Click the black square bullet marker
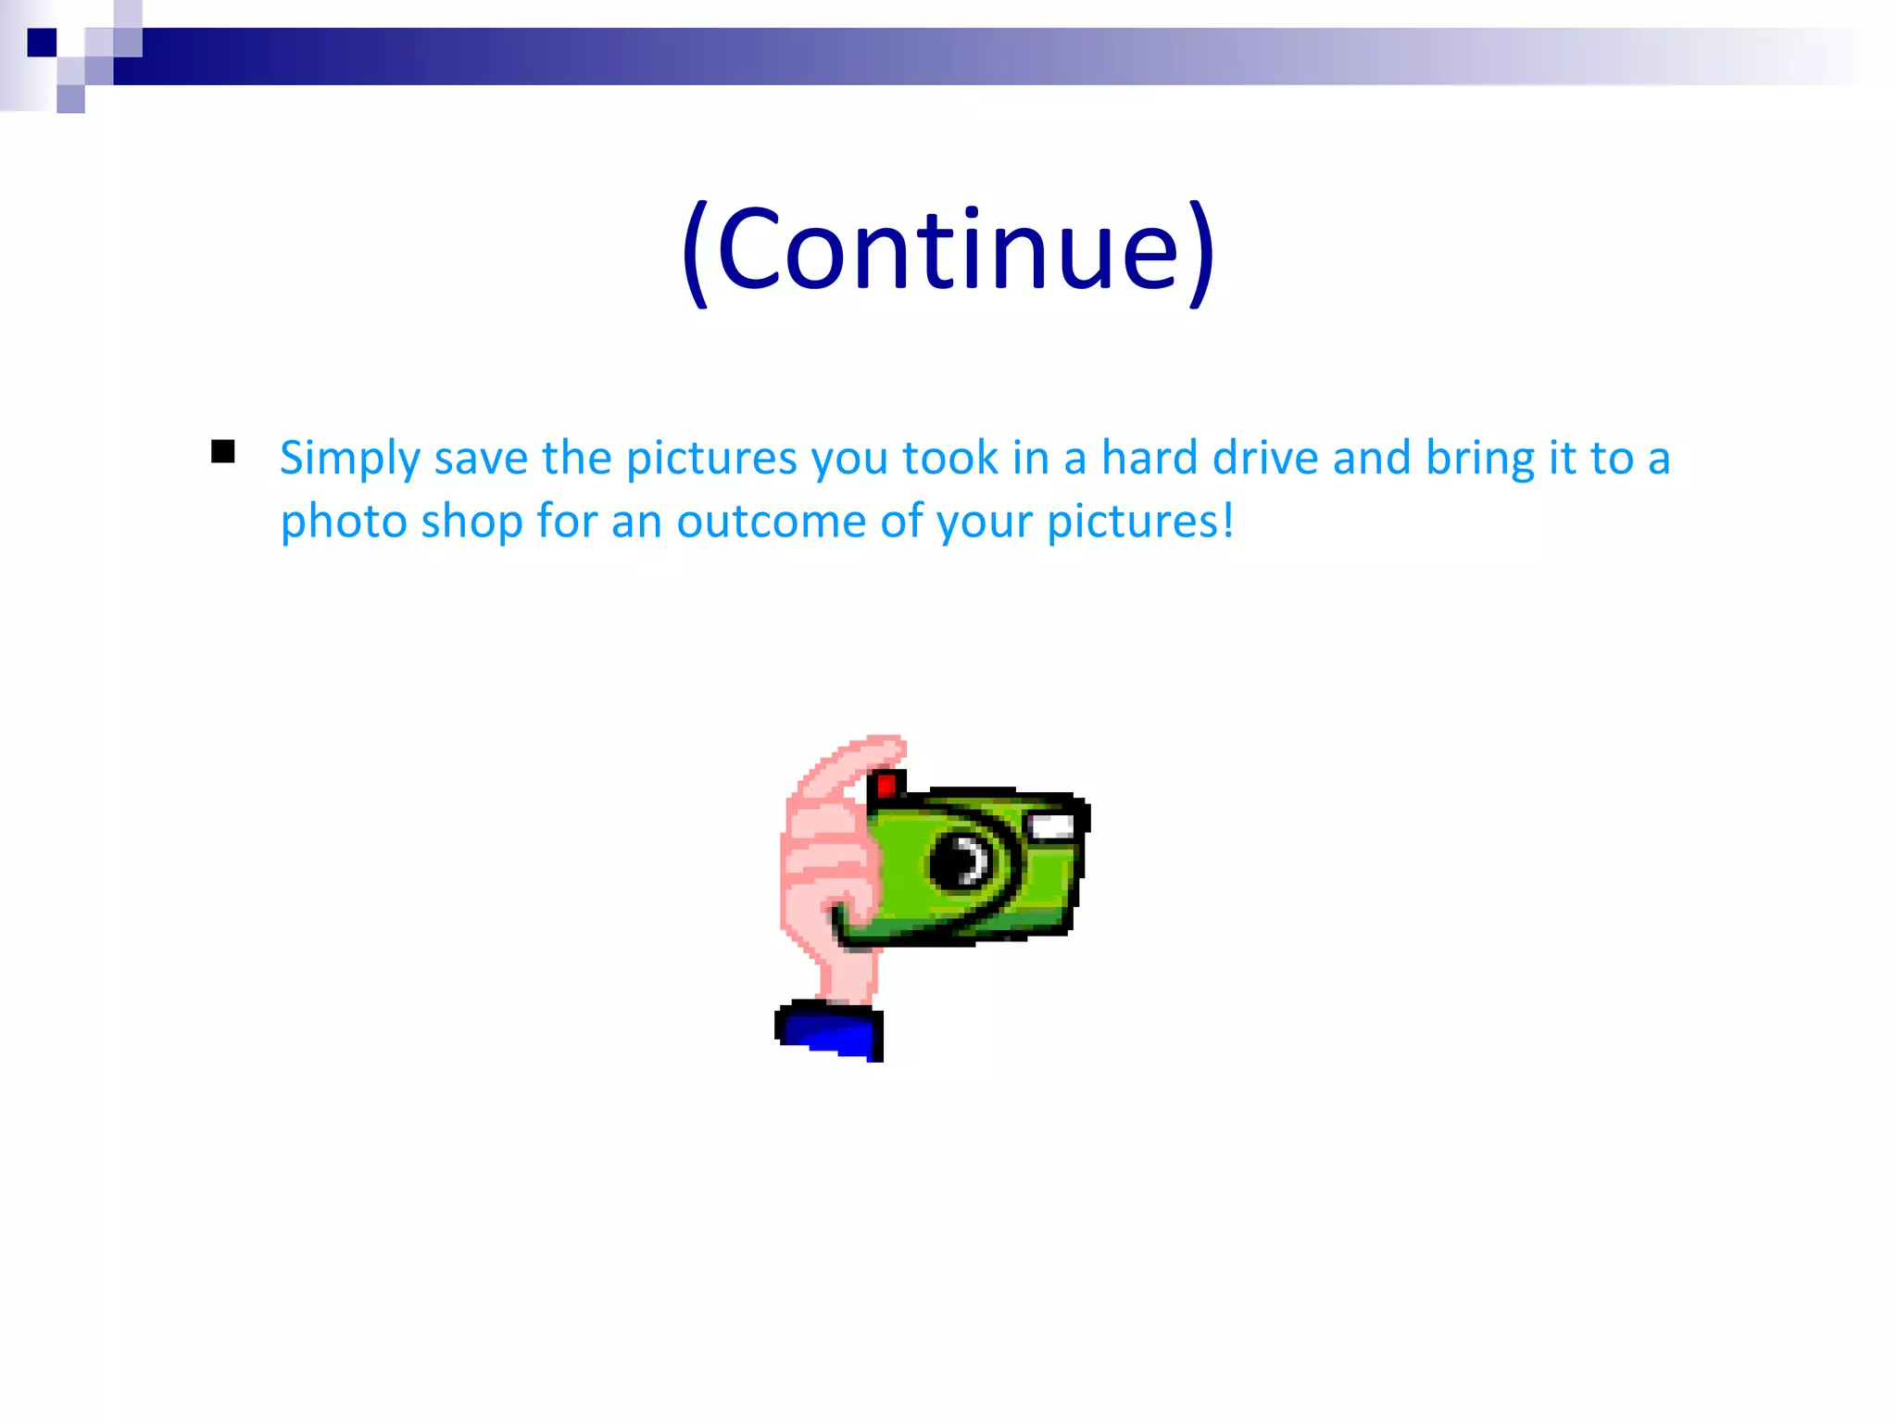[222, 451]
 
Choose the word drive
[1265, 458]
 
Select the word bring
[1466, 460]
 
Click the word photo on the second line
[344, 523]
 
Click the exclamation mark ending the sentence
[1227, 519]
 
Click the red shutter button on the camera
[886, 786]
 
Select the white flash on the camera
[1052, 826]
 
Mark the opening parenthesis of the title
[696, 252]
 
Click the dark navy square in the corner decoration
[42, 43]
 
